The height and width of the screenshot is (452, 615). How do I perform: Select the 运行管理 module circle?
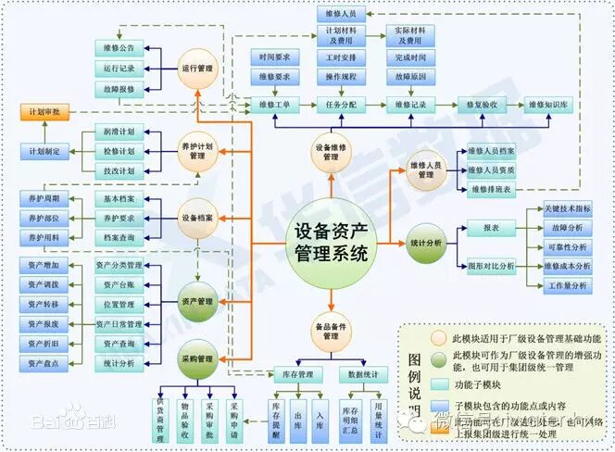tap(197, 69)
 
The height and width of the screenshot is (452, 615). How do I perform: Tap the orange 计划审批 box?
tap(44, 112)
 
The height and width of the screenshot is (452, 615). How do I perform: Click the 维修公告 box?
tap(119, 47)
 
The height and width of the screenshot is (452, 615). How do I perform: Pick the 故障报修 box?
tap(119, 89)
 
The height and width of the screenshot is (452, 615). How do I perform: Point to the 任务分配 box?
tap(342, 105)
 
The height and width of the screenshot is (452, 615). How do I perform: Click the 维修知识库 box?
tap(550, 105)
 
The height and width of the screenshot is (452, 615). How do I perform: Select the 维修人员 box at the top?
tap(341, 14)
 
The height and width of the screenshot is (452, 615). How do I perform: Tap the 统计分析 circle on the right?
tap(427, 244)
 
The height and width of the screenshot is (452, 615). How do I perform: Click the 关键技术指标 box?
tap(568, 208)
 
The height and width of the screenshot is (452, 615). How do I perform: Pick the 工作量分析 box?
tap(568, 286)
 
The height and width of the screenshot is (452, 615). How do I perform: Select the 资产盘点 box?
tap(44, 364)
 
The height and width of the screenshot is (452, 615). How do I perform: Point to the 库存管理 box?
tap(296, 375)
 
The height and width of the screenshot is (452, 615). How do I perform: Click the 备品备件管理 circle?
tap(331, 332)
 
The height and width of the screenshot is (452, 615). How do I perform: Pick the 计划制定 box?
tap(44, 150)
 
